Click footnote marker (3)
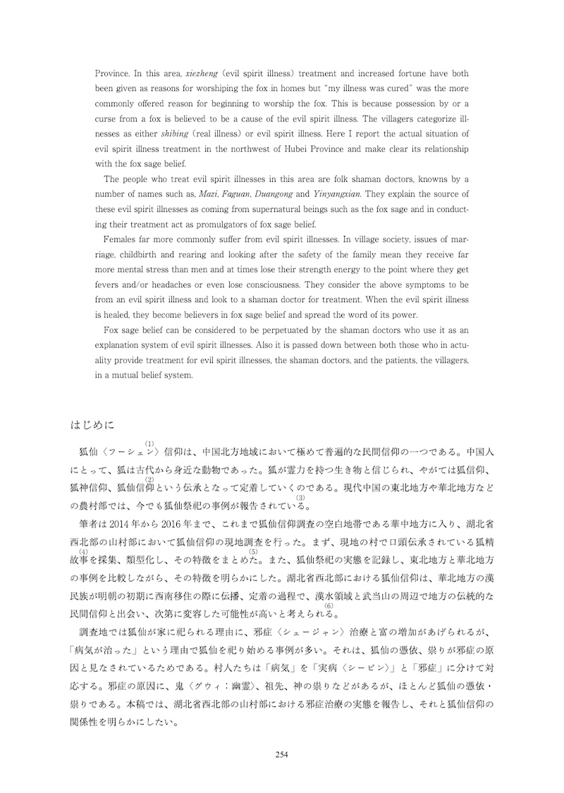pos(300,498)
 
